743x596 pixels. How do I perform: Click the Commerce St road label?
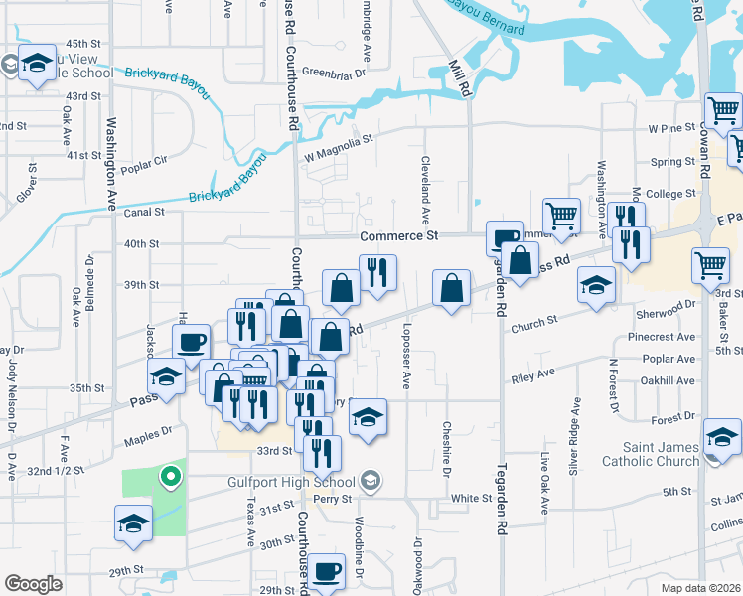(398, 235)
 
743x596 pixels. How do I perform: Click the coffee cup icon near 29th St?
(326, 572)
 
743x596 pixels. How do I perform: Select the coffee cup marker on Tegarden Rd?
(504, 238)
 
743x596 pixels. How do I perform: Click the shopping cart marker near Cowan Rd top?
(722, 110)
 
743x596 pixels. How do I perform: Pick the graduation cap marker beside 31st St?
(132, 522)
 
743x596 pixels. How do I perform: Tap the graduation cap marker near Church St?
(596, 285)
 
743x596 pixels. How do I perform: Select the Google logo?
(33, 583)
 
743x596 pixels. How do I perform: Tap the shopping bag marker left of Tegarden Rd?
(451, 289)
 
